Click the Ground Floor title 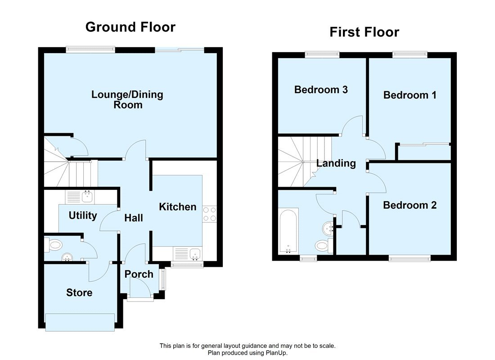point(130,27)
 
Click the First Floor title point(364,32)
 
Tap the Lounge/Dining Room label point(127,99)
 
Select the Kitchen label point(178,207)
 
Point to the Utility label point(83,216)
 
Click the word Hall point(134,218)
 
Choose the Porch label point(139,274)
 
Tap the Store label point(79,292)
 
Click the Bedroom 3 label point(321,90)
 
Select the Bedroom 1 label point(409,95)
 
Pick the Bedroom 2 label point(409,205)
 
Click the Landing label point(336,163)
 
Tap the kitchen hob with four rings point(210,214)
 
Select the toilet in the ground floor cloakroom point(54,245)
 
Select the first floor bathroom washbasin point(326,229)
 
